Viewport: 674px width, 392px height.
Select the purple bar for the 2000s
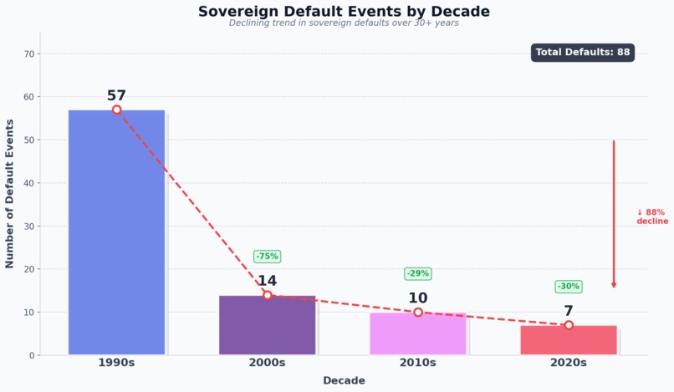[267, 325]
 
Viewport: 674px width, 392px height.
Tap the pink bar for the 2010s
[417, 333]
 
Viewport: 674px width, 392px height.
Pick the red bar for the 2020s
[568, 340]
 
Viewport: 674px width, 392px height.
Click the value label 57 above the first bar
[116, 95]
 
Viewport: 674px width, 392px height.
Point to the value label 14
[267, 281]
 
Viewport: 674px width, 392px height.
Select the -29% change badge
[417, 273]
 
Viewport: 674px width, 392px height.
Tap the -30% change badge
[568, 287]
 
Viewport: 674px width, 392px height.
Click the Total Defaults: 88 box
[582, 53]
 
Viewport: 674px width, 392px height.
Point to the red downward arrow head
[614, 285]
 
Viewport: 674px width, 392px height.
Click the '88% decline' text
[651, 217]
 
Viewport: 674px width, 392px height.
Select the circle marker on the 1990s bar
[116, 109]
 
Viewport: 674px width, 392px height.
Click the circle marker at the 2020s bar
[568, 325]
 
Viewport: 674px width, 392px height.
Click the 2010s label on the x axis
[417, 363]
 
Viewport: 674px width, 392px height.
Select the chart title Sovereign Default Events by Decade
[344, 12]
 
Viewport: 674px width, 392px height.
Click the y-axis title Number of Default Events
[10, 193]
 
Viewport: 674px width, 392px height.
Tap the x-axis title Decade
[344, 380]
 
